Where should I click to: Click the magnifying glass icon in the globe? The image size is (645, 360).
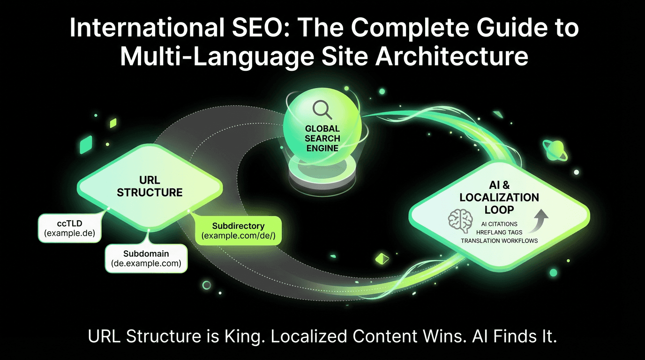[322, 110]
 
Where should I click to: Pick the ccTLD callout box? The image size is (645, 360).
[69, 228]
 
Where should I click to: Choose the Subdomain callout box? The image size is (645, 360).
[146, 258]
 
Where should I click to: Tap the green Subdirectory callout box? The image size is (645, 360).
[238, 230]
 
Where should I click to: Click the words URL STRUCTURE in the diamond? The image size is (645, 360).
[150, 186]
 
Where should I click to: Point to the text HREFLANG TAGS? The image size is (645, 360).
[499, 232]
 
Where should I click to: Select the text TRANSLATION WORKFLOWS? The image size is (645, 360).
[499, 240]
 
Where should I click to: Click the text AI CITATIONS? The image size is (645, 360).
[499, 224]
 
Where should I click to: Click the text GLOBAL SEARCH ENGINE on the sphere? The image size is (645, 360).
[322, 138]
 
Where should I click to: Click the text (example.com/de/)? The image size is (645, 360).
[238, 235]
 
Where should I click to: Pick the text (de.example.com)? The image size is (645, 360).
[146, 263]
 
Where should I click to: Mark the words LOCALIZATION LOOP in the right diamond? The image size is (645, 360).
[499, 203]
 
